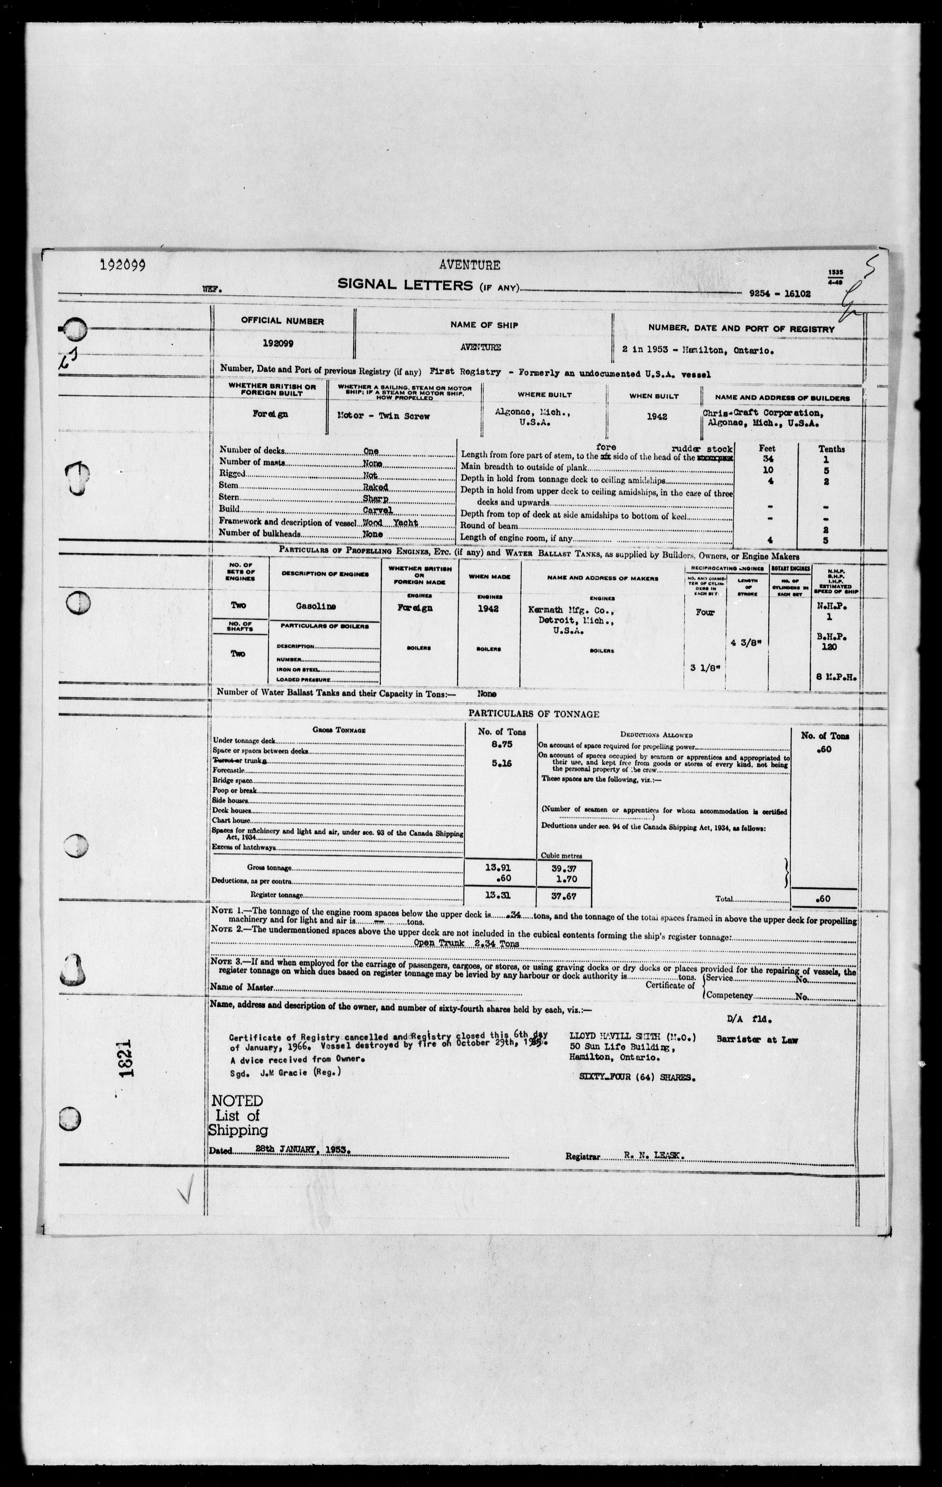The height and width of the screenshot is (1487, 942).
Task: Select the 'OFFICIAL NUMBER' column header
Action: click(x=282, y=321)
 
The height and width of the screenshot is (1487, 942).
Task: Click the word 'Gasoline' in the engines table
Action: click(x=316, y=607)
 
